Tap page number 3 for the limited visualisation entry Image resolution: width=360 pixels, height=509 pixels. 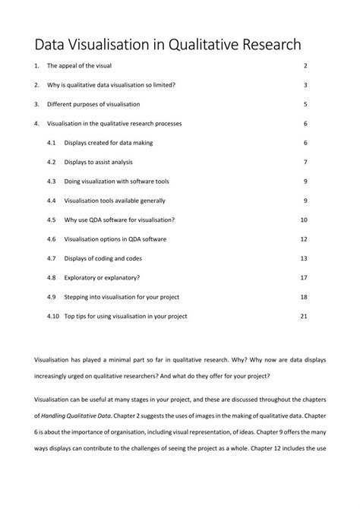(x=305, y=86)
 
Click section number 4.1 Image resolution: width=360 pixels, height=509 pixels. (x=52, y=143)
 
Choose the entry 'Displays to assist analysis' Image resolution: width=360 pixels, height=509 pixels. (x=103, y=162)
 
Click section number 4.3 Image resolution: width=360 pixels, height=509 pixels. (x=52, y=182)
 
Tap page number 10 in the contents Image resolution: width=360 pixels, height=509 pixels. (x=304, y=220)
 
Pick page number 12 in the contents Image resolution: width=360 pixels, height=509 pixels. (x=304, y=239)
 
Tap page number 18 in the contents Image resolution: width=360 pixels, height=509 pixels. (x=304, y=296)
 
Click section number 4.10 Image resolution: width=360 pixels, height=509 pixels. (x=53, y=316)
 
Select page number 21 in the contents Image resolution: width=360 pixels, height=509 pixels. (x=304, y=316)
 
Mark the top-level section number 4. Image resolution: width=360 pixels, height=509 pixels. (x=36, y=123)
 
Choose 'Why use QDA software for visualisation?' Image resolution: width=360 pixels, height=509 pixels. (x=119, y=220)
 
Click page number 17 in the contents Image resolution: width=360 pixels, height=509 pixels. (x=304, y=277)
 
